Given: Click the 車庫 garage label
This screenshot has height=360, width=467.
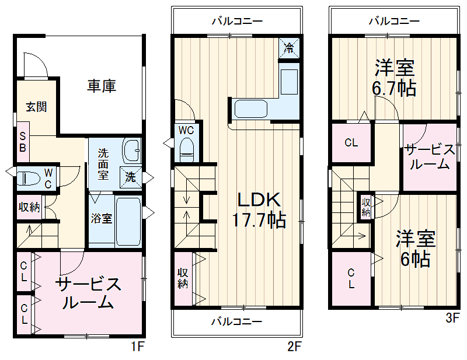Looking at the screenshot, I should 102,86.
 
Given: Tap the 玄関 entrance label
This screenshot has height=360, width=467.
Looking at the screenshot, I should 36,107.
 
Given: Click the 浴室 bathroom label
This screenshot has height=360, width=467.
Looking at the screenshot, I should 102,219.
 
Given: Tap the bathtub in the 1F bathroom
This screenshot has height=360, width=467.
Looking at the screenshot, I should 128,221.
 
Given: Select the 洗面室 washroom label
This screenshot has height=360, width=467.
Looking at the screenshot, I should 103,164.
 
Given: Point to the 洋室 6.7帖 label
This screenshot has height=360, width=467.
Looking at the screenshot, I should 395,78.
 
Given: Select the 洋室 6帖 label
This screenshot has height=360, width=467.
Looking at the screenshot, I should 416,248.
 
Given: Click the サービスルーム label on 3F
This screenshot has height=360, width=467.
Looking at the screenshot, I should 430,156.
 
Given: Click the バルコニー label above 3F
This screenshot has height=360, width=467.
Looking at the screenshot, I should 393,22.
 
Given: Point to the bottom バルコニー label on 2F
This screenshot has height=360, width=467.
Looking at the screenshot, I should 236,321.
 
